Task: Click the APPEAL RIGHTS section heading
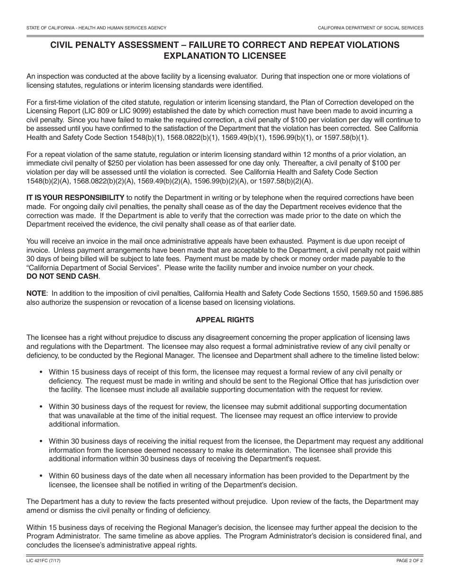coord(225,320)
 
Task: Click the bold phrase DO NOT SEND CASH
coord(63,276)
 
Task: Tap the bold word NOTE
coord(36,294)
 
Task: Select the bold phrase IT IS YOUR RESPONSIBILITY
coord(75,198)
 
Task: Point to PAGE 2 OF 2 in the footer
coord(410,561)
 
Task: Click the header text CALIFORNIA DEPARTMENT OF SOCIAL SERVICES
coord(370,28)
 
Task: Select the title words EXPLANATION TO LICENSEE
coord(225,55)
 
